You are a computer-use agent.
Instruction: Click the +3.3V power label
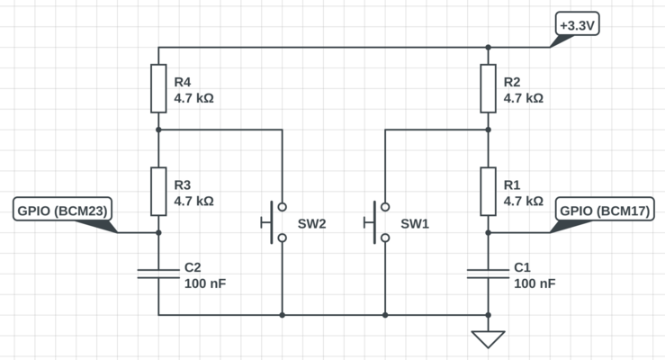click(x=577, y=27)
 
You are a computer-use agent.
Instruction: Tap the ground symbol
click(x=488, y=339)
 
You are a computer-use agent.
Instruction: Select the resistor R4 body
click(x=158, y=88)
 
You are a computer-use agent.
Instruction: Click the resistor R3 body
click(x=158, y=191)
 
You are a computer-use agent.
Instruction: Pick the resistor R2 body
click(x=488, y=88)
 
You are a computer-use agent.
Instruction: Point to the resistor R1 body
click(x=488, y=191)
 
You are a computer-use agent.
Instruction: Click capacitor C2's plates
click(x=158, y=274)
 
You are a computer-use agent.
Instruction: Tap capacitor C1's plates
click(x=488, y=274)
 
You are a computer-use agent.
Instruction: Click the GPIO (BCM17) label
click(x=606, y=211)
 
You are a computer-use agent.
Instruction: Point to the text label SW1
click(x=415, y=223)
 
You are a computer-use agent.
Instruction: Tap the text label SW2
click(x=312, y=223)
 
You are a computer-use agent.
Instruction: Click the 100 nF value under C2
click(x=204, y=283)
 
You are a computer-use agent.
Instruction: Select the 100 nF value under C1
click(x=535, y=283)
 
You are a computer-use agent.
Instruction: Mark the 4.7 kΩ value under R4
click(x=193, y=98)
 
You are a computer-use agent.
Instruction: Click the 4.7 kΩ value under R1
click(x=524, y=202)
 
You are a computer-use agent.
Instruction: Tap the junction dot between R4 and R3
click(x=158, y=130)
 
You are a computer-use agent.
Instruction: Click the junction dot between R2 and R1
click(x=488, y=130)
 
